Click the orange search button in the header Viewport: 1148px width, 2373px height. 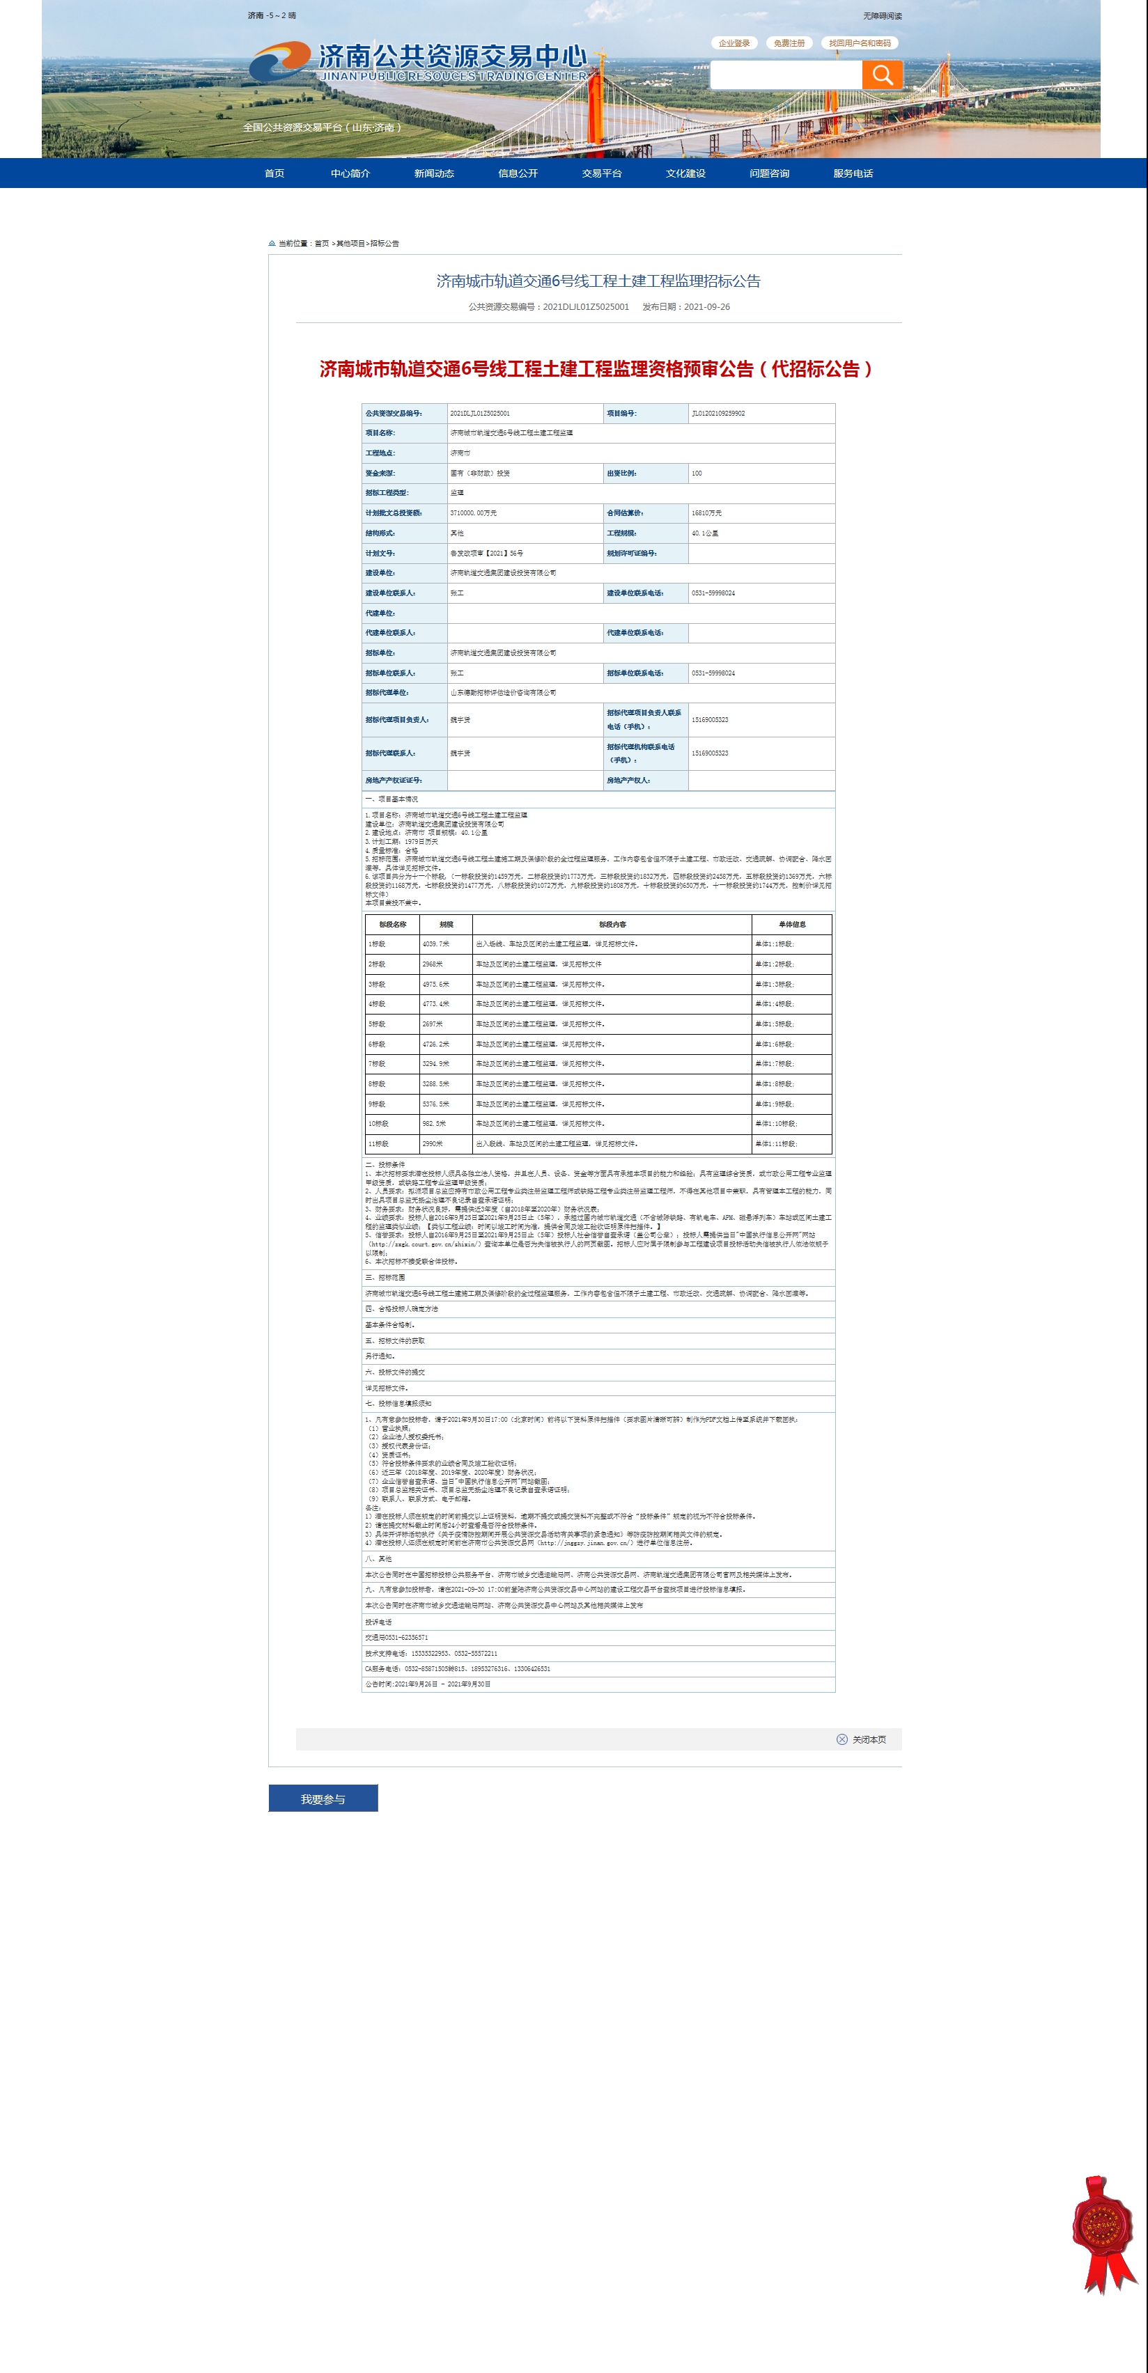(882, 75)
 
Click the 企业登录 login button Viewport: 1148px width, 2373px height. (734, 43)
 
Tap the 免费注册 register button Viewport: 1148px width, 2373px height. (789, 43)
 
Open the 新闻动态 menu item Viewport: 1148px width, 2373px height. (434, 173)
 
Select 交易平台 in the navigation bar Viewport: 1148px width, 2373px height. (602, 173)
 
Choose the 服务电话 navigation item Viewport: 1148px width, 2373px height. (853, 173)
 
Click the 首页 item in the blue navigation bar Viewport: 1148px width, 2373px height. (274, 173)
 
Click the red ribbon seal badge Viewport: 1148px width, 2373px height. (1102, 2230)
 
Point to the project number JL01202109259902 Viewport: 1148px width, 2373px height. (719, 414)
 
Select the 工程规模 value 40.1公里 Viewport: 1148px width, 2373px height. (705, 533)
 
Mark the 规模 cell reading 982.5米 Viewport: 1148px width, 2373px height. (434, 1124)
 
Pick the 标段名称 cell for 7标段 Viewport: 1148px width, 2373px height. (377, 1064)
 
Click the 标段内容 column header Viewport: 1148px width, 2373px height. (612, 924)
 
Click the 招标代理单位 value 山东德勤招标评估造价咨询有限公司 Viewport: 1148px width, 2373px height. (503, 693)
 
